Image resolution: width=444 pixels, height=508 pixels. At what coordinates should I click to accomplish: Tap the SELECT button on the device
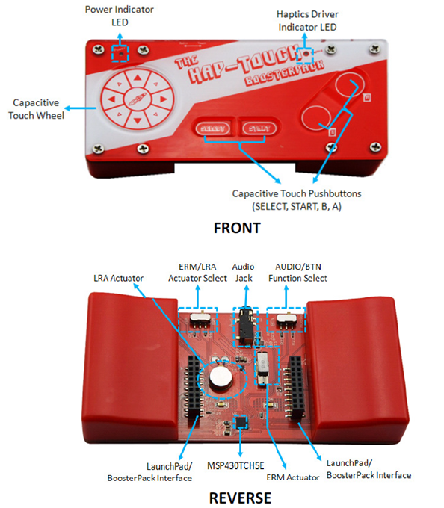[x=213, y=128]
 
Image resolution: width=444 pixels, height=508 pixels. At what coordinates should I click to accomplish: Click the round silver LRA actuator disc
[x=219, y=377]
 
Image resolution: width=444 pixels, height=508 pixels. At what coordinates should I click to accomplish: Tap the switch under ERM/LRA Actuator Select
[x=199, y=320]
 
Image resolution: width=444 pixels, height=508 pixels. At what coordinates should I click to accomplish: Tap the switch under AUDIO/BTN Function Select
[x=286, y=320]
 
